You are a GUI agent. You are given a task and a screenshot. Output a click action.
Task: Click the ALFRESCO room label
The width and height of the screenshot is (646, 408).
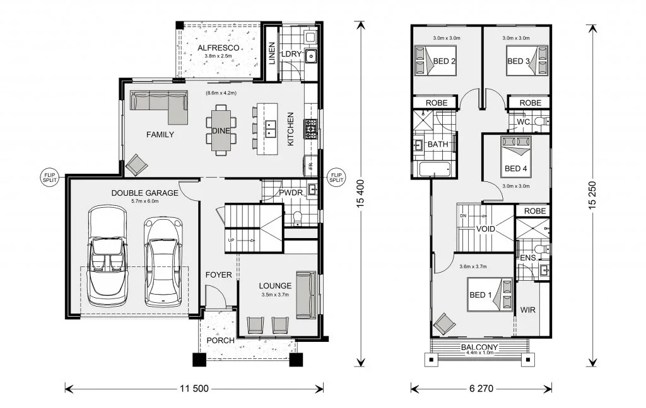218,48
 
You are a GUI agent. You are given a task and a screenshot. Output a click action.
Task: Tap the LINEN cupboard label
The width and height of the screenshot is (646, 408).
272,53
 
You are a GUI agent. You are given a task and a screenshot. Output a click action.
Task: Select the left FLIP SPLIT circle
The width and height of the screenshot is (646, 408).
49,178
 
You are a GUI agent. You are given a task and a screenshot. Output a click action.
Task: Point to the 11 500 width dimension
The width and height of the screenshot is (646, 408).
194,388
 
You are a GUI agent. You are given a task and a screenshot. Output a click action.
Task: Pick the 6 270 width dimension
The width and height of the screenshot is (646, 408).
481,388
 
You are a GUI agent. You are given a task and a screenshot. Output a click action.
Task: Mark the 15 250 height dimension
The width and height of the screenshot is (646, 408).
592,195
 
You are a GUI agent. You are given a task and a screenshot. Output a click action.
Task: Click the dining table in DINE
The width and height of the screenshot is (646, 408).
221,130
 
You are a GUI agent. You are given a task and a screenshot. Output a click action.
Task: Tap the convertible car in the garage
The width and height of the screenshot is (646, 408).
107,256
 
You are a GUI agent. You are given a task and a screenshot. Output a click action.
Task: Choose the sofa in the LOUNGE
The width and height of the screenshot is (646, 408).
307,295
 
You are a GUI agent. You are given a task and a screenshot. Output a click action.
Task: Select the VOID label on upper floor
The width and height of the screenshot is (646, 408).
486,229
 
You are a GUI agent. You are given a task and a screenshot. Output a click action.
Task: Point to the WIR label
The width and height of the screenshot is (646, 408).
528,310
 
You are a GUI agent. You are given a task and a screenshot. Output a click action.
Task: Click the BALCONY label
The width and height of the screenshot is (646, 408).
479,347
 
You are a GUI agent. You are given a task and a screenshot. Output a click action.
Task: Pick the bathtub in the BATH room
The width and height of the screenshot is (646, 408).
435,169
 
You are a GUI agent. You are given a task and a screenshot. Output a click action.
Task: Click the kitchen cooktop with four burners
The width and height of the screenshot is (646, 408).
310,128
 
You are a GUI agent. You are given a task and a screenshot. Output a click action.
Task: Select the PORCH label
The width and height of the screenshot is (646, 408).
220,341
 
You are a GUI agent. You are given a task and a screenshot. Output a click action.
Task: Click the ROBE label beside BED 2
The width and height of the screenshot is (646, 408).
437,103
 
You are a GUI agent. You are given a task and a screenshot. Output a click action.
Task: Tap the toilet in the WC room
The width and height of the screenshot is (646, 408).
541,121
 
